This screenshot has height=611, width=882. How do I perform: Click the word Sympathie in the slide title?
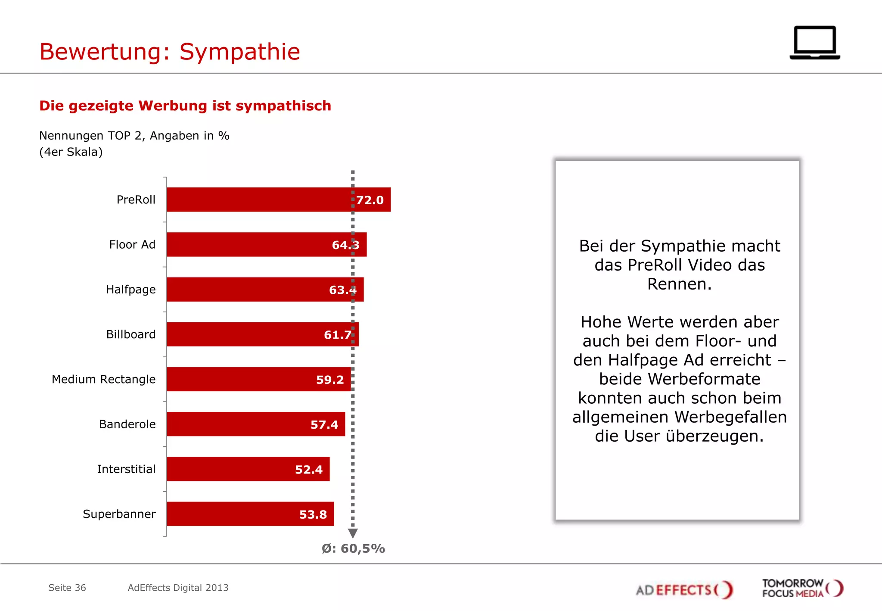239,52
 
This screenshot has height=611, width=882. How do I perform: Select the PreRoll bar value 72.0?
370,200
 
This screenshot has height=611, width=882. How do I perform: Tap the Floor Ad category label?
132,245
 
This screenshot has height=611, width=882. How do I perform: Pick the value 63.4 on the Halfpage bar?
342,290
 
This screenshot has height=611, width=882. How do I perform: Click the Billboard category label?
130,334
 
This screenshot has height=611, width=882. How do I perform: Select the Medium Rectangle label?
103,379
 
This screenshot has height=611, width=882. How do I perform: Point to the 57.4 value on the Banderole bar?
324,425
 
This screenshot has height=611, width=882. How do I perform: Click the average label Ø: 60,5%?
353,549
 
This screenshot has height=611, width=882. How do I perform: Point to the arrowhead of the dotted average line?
353,533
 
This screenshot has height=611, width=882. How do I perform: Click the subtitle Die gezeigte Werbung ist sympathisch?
185,106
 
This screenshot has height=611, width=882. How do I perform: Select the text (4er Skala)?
71,152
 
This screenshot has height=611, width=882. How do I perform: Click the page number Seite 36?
67,588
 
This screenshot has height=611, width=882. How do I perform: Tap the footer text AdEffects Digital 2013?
178,588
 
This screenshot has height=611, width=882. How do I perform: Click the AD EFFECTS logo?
684,589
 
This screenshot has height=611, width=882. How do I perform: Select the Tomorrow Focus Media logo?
802,589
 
